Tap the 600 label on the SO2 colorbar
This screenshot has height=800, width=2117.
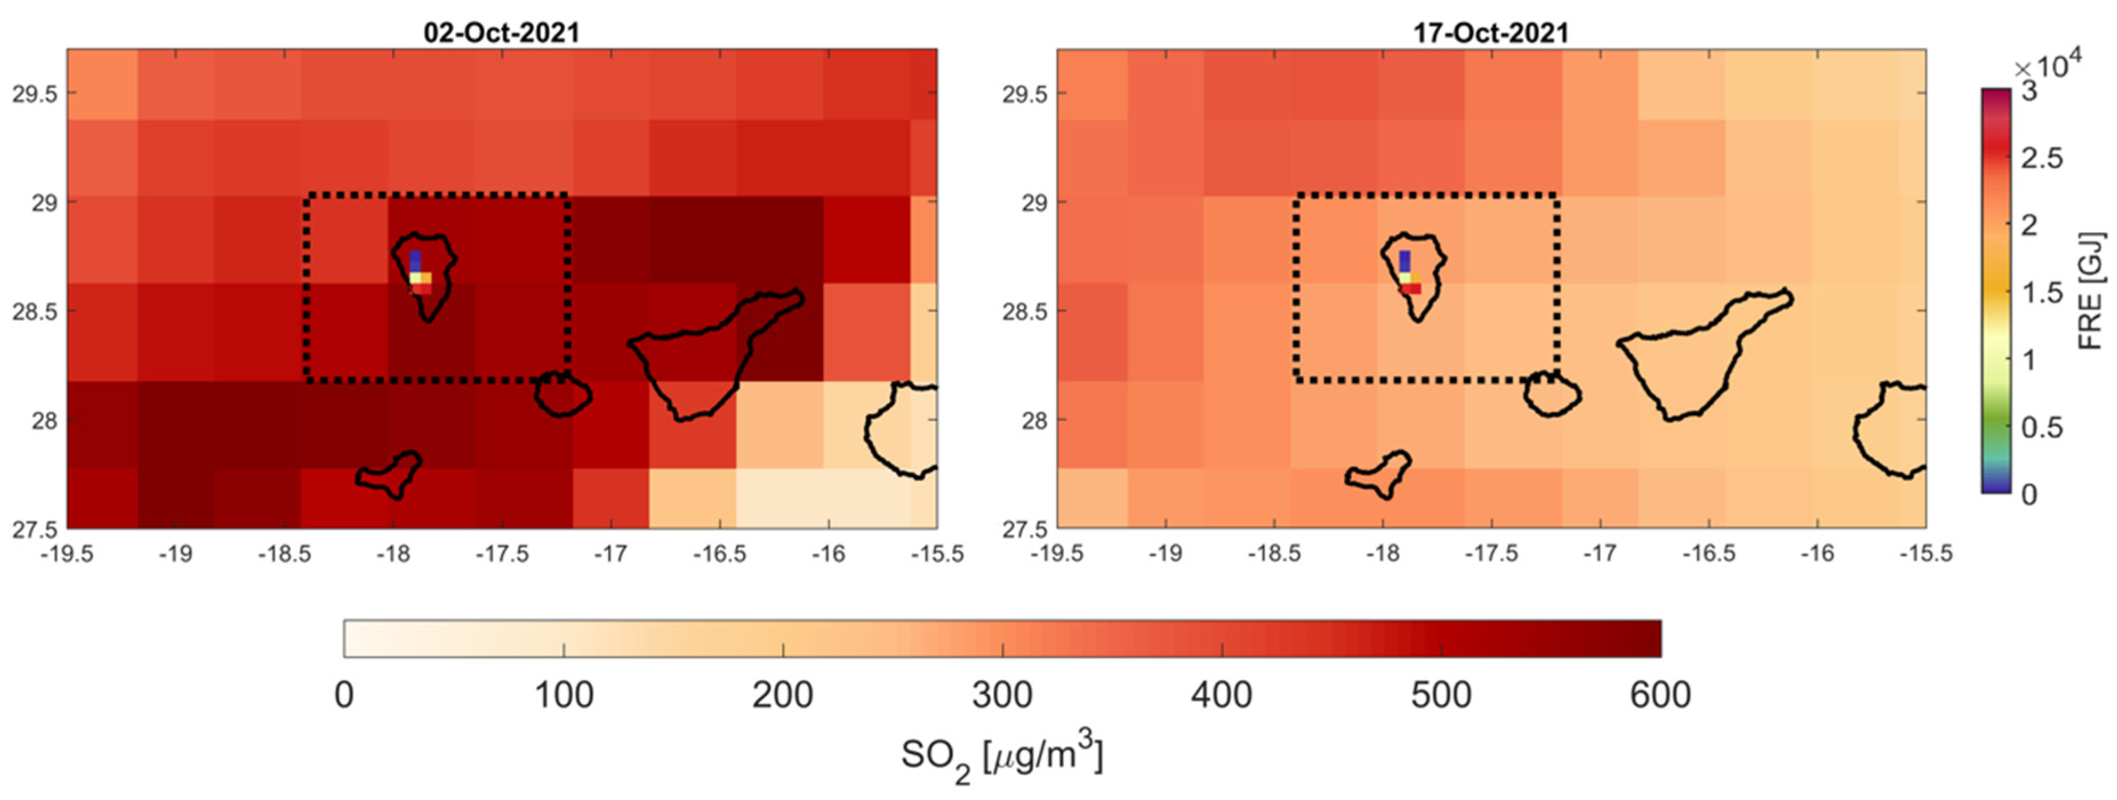point(1660,695)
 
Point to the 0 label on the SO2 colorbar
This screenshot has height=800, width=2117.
point(344,695)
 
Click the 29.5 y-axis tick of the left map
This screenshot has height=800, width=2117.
point(34,94)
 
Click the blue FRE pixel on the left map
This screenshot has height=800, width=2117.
point(415,261)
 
